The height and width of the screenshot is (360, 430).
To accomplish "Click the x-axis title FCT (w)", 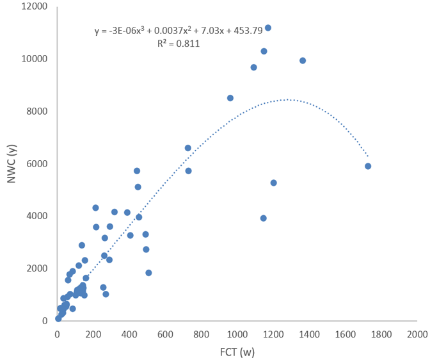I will pyautogui.click(x=236, y=352).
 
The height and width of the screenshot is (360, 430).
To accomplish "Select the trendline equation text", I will pyautogui.click(x=179, y=31).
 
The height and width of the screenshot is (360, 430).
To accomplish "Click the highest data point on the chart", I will pyautogui.click(x=268, y=28).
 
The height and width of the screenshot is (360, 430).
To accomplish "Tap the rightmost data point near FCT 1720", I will pyautogui.click(x=368, y=166).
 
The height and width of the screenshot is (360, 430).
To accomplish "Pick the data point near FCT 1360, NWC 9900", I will pyautogui.click(x=303, y=61).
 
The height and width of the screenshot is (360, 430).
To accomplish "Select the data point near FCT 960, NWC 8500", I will pyautogui.click(x=230, y=98).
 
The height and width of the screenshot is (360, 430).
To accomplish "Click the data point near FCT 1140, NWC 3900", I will pyautogui.click(x=263, y=218).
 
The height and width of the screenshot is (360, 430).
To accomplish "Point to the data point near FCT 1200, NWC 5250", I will pyautogui.click(x=273, y=183).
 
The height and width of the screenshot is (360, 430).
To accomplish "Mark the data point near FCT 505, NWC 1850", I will pyautogui.click(x=148, y=273).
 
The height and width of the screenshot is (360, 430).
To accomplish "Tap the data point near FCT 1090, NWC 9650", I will pyautogui.click(x=253, y=67).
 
